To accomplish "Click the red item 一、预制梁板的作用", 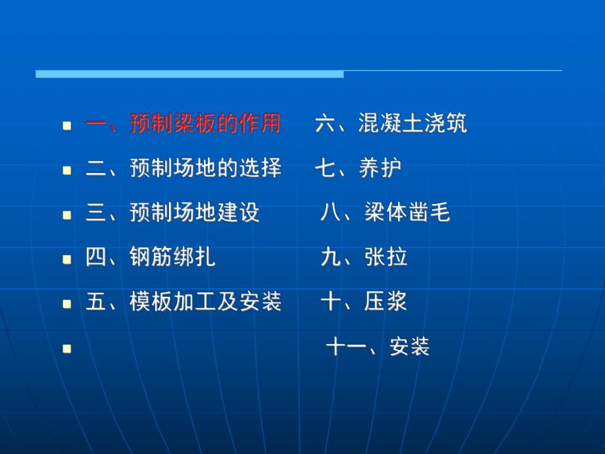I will (x=183, y=124).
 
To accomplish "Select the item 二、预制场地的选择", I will (x=183, y=168).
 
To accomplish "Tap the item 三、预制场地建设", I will (x=173, y=213).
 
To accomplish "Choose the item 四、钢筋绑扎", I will (x=151, y=257).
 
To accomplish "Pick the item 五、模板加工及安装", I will (x=183, y=302).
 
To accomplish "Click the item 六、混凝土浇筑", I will (x=391, y=124).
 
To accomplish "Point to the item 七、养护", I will (x=358, y=168).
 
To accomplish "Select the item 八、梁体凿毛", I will (x=385, y=213).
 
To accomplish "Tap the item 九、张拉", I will (x=364, y=257).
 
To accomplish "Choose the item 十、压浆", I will (x=364, y=302).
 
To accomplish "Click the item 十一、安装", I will (x=377, y=347).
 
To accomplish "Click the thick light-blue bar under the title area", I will (x=189, y=74).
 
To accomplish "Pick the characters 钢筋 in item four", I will (x=151, y=257).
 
